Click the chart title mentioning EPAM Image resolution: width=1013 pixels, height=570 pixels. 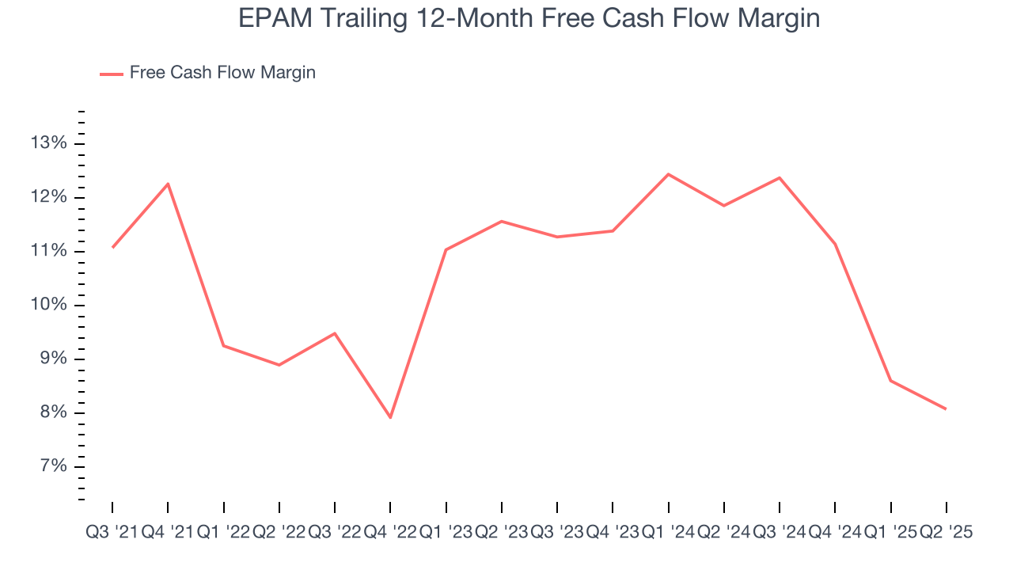(529, 17)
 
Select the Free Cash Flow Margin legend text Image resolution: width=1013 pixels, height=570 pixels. (222, 73)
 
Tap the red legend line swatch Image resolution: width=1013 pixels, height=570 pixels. (112, 74)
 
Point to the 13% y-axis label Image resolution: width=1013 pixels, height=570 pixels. (49, 143)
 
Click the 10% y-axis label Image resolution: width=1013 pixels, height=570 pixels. (49, 305)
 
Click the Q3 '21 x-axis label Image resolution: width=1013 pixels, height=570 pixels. (112, 533)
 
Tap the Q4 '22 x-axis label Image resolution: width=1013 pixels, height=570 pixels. (390, 533)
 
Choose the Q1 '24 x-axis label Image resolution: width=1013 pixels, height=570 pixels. (669, 533)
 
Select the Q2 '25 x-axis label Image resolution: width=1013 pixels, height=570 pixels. (946, 533)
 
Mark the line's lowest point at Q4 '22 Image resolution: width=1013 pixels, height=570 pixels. (390, 417)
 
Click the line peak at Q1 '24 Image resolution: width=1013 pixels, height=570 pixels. (669, 174)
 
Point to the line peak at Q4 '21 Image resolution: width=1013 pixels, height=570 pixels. (168, 184)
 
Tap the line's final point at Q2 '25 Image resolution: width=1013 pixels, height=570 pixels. (946, 408)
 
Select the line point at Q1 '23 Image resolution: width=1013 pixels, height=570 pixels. (446, 250)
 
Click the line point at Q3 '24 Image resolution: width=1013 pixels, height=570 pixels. (780, 177)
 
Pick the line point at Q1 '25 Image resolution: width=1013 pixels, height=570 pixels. (891, 381)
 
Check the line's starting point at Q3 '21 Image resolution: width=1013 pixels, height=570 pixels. (112, 248)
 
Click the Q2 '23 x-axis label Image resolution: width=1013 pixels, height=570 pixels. (502, 533)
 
